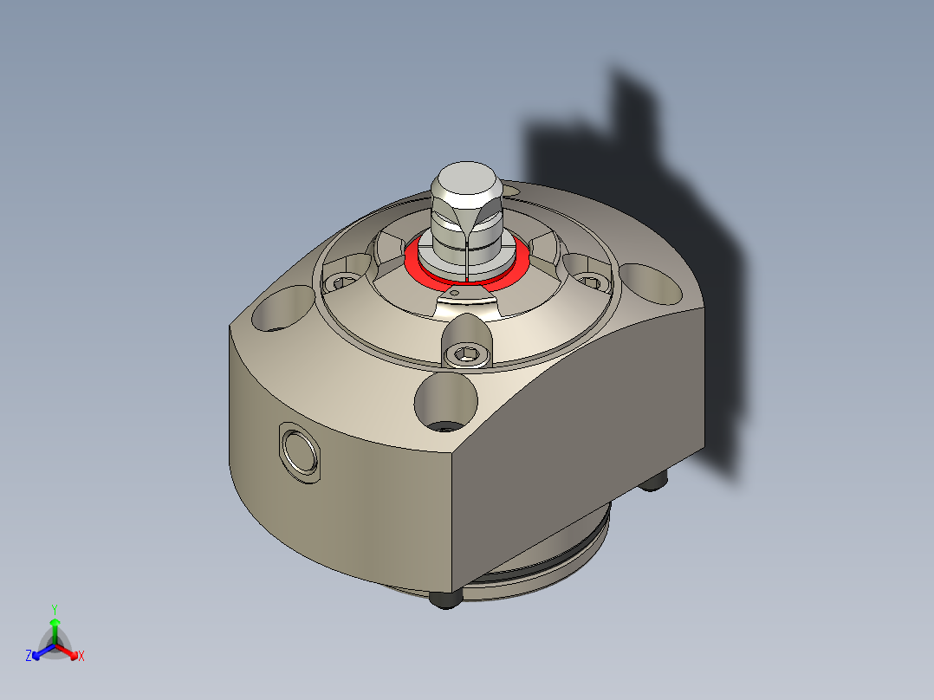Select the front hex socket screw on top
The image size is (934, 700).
[466, 353]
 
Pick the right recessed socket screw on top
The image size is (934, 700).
[591, 280]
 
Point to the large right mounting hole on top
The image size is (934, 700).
[652, 282]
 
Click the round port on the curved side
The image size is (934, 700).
[301, 450]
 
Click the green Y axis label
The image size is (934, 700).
[54, 608]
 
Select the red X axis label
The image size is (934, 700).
[81, 656]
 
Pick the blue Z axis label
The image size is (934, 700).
[29, 656]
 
